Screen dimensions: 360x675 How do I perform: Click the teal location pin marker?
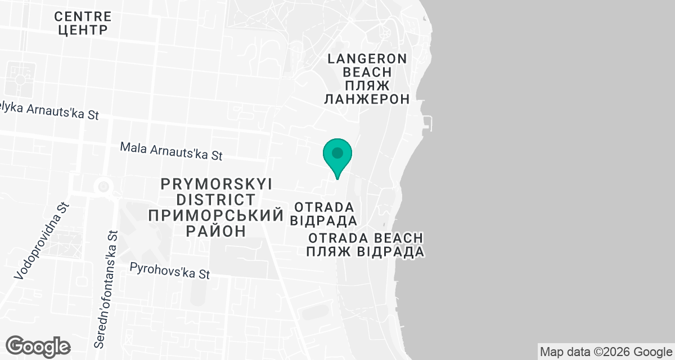[337, 155]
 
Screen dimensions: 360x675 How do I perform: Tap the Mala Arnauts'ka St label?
[172, 150]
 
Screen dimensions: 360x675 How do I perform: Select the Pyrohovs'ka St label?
[169, 271]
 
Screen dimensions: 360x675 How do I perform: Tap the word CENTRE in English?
[82, 15]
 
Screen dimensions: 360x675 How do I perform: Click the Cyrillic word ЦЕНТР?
[82, 29]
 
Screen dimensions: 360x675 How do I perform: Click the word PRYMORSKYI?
[216, 184]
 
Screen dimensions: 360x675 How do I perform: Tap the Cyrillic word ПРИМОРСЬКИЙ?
[214, 215]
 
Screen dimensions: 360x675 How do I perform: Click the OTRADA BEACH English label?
[365, 238]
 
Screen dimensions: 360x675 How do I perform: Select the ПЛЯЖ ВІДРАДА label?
[365, 251]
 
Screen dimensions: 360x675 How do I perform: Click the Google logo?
[38, 346]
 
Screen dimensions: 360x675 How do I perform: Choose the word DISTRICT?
[216, 199]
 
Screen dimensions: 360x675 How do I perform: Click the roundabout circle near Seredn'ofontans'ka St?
[102, 186]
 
